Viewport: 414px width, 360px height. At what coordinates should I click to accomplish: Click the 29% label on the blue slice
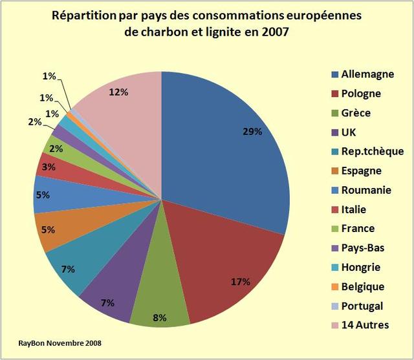[x=252, y=132]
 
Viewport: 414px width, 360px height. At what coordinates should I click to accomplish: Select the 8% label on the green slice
[x=160, y=317]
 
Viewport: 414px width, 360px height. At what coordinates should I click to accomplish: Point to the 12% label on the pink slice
[x=118, y=92]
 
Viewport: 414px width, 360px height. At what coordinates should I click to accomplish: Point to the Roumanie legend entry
[x=365, y=190]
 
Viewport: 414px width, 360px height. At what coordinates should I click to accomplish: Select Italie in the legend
[x=354, y=209]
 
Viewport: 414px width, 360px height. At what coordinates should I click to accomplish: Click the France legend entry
[x=358, y=228]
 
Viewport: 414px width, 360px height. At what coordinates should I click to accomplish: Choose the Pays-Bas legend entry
[x=362, y=248]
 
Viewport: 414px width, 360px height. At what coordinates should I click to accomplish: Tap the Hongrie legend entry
[x=360, y=267]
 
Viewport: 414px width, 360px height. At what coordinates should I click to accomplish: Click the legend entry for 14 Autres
[x=364, y=324]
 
